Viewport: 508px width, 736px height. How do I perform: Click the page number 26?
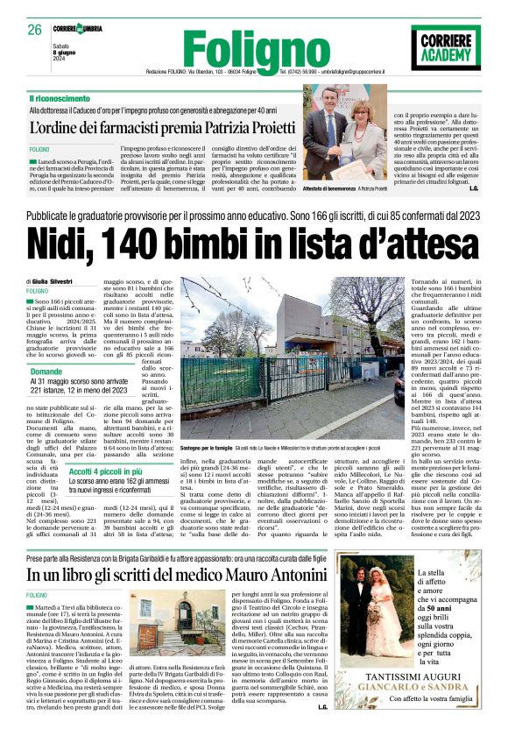34,29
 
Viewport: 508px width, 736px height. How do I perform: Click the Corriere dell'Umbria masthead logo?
76,28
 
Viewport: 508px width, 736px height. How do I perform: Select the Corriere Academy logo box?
446,47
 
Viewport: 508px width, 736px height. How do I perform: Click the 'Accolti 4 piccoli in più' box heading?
106,471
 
